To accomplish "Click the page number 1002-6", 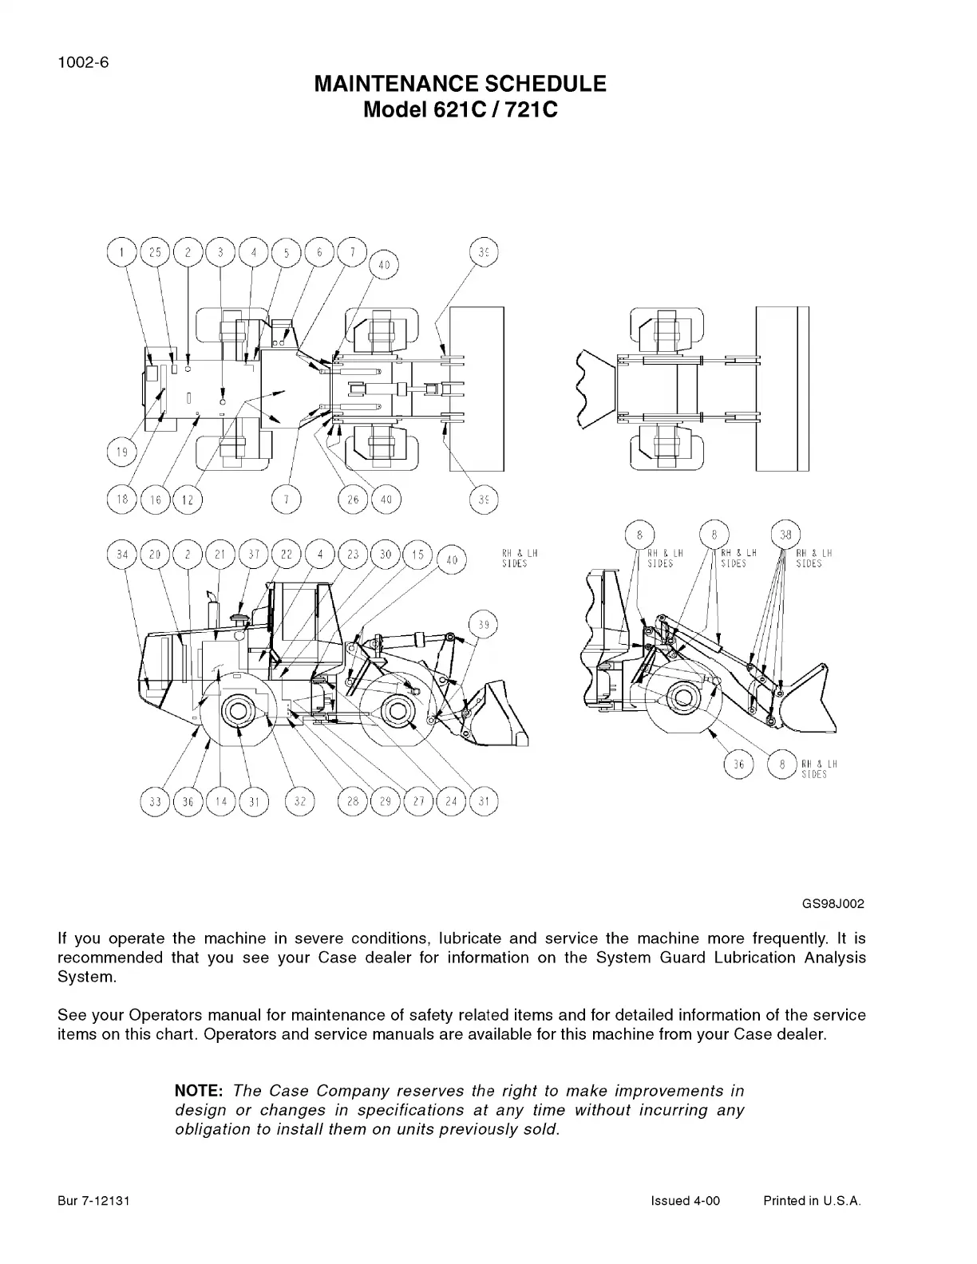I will tap(83, 64).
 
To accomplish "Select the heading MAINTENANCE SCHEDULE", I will tap(461, 84).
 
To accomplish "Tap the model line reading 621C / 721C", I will tap(461, 109).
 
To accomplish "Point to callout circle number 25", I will tap(155, 253).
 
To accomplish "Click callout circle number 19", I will tap(122, 453).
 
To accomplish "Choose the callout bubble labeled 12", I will tap(188, 500).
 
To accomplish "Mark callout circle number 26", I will tap(353, 500).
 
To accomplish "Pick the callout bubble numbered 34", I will tap(122, 555).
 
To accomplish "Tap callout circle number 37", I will tap(254, 555).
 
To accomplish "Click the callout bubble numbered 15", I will tap(418, 555).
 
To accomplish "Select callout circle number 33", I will tap(155, 801).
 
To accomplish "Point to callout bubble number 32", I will tap(300, 801).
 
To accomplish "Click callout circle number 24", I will tap(451, 801).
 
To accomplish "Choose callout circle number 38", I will tap(787, 535).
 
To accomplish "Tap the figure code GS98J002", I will tap(833, 904).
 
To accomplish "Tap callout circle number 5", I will tap(287, 253).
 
